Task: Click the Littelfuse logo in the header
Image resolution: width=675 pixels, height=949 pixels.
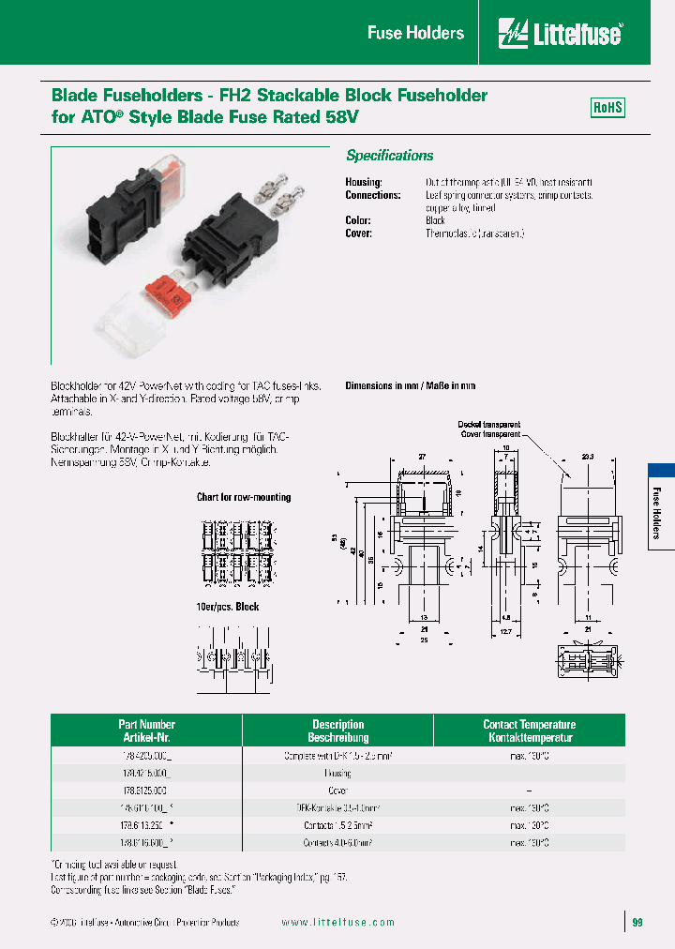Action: point(561,34)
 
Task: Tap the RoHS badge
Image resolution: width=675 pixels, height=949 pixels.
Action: point(607,108)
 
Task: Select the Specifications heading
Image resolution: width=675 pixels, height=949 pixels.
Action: point(390,156)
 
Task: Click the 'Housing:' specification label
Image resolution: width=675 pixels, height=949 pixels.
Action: point(364,182)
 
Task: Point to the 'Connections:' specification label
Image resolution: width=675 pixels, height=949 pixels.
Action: point(372,195)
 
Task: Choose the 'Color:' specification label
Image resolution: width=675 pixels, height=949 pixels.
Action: point(359,220)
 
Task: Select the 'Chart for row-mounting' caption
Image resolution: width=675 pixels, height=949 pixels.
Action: point(244,497)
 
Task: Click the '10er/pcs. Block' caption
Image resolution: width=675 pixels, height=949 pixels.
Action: point(228,607)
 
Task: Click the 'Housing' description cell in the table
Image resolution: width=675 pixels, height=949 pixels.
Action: point(337,774)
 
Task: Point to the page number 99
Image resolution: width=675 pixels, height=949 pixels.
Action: point(637,923)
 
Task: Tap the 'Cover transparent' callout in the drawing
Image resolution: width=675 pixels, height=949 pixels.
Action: point(490,434)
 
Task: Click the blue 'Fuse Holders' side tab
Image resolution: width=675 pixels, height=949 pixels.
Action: point(659,512)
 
